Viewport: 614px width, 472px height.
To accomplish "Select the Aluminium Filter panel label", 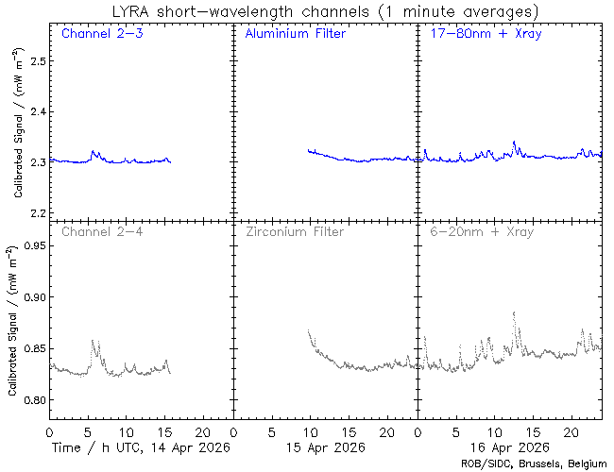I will click(295, 34).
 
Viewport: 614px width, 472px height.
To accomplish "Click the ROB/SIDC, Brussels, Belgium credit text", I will click(533, 464).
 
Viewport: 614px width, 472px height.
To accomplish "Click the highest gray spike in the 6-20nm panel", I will click(514, 312).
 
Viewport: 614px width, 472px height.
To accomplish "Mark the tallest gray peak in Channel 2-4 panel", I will click(92, 341).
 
